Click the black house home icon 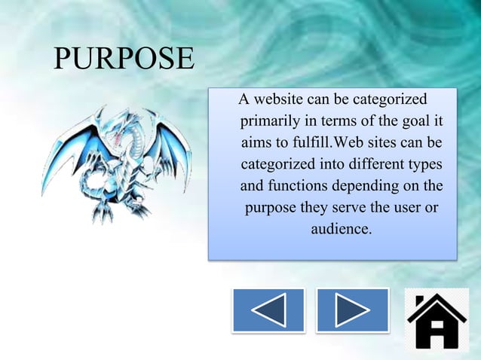click(436, 320)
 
